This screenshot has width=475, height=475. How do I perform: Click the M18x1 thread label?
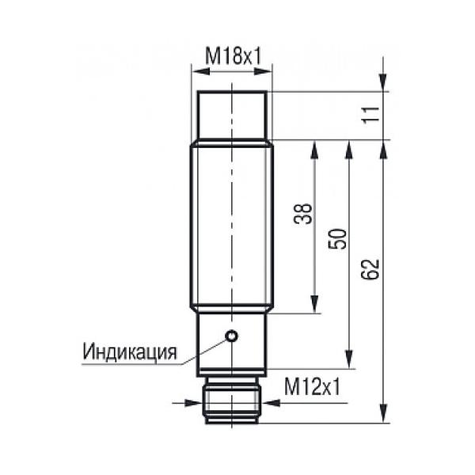pos(233,56)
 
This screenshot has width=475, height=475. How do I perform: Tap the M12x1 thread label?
pos(313,387)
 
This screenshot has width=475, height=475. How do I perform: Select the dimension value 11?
pos(371,115)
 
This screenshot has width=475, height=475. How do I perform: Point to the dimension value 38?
pos(303,213)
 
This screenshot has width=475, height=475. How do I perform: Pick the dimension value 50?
pos(337,239)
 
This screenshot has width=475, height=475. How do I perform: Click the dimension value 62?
pos(370,270)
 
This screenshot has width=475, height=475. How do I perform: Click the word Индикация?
pos(130,351)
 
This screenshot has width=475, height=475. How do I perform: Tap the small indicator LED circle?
pos(232,336)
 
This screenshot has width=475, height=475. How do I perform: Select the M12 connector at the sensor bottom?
pos(232,400)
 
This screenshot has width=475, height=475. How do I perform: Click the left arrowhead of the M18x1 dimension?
pos(201,72)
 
